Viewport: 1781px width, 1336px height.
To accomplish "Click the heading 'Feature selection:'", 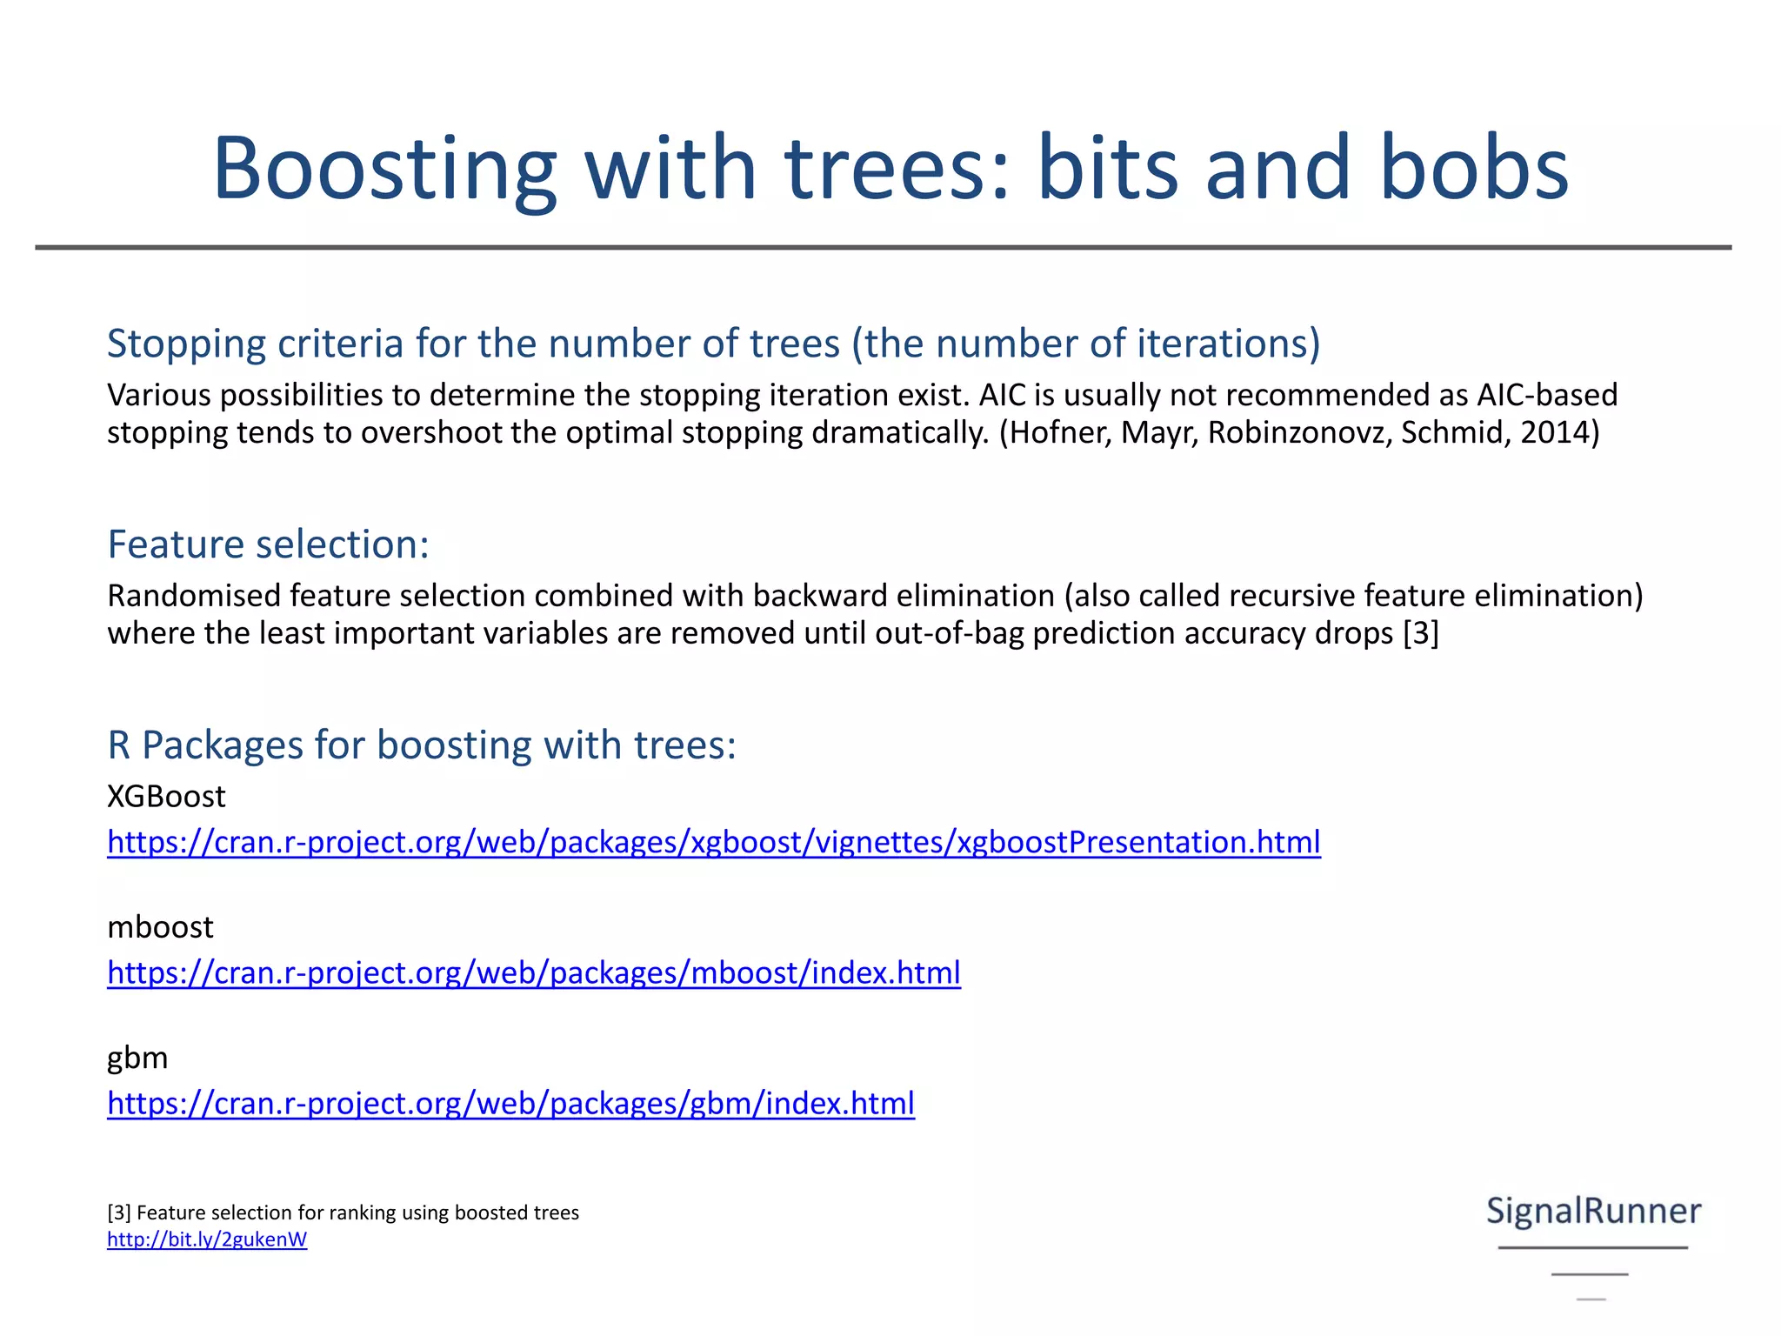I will click(268, 544).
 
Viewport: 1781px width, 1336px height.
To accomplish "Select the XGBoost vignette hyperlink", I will click(713, 842).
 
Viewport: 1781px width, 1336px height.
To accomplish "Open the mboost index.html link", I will click(533, 972).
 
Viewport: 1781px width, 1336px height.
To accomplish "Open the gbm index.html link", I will click(510, 1103).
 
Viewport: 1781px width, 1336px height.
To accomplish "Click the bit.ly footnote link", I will click(207, 1239).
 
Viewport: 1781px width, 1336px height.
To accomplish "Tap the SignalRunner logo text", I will click(1593, 1211).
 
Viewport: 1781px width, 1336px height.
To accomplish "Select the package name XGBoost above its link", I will click(166, 797).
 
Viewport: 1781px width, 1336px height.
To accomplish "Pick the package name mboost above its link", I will click(160, 927).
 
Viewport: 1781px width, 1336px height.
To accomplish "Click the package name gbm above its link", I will click(137, 1059).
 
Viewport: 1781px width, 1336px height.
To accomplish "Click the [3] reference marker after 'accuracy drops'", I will click(1421, 633).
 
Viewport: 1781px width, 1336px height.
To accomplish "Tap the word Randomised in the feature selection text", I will click(194, 596).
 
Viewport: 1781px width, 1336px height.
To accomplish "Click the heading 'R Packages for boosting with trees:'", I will click(421, 745).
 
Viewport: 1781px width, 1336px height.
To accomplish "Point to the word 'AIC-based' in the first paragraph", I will click(1547, 395).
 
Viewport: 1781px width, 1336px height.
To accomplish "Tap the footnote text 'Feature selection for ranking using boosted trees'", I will click(357, 1212).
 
